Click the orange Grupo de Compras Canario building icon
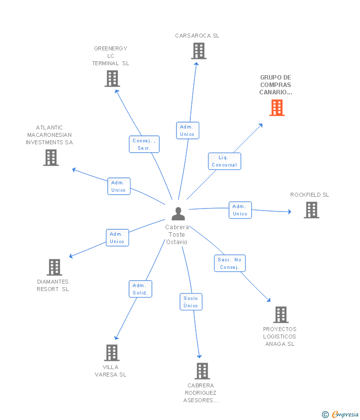pos(277,108)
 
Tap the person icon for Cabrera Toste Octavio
pos(178,213)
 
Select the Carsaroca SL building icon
pos(198,51)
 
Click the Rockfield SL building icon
pos(311,210)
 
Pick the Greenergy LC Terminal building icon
pos(112,79)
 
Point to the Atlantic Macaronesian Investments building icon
pos(51,158)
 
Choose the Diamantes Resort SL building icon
pos(54,267)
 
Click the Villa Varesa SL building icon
pos(112,353)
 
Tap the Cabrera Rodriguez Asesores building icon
pos(202,371)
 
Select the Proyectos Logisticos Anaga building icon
pos(280,315)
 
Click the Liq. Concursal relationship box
pos(225,161)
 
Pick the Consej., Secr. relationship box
pos(144,144)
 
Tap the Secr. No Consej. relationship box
pos(230,263)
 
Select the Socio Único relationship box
pos(191,301)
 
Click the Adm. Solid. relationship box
pos(140,289)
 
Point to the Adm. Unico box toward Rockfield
pos(240,210)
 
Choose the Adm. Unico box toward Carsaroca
pos(187,130)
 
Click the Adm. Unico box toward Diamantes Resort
pos(117,238)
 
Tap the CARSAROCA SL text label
pos(197,36)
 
